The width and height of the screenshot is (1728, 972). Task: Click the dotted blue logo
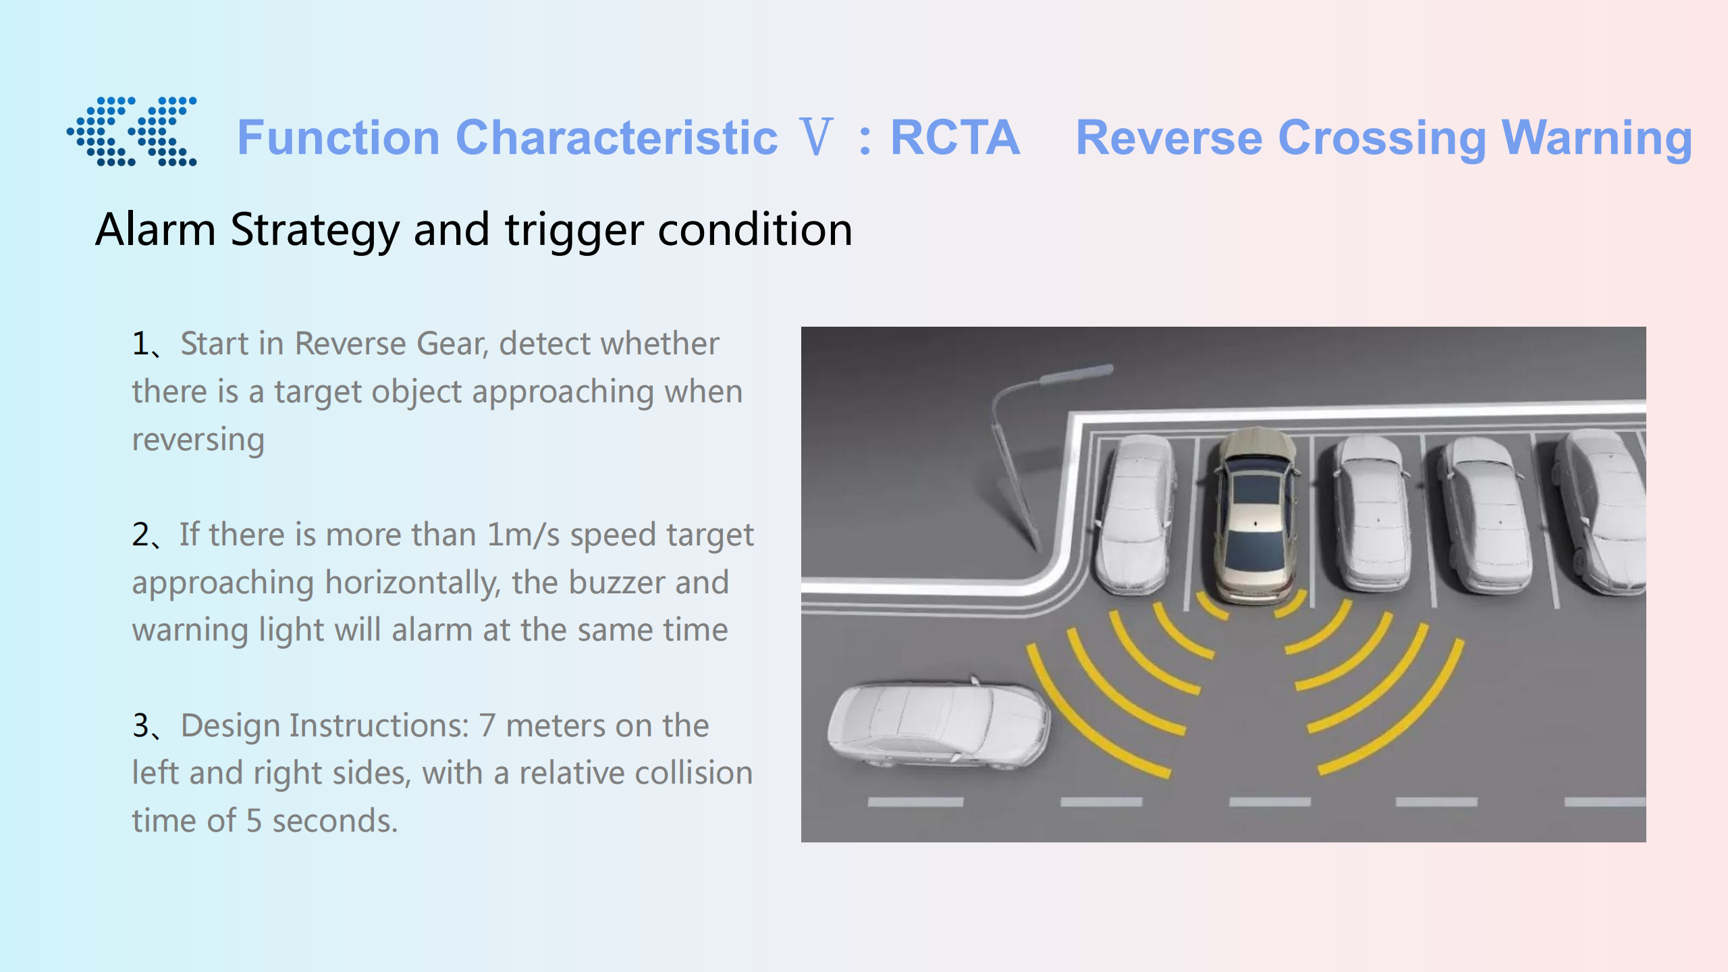[x=132, y=131]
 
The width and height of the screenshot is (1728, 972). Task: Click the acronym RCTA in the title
[x=955, y=138]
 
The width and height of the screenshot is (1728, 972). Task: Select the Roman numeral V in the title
[x=815, y=137]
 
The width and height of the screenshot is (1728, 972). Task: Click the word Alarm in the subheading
[x=155, y=230]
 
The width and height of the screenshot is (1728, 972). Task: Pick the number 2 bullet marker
[x=141, y=535]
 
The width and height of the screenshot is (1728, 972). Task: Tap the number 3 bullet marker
[x=141, y=726]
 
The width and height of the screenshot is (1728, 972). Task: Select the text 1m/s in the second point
[x=524, y=535]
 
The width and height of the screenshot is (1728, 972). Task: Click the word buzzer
[x=617, y=583]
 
